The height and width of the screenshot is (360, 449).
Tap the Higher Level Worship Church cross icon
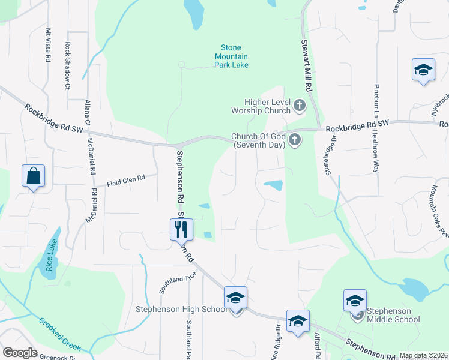click(300, 107)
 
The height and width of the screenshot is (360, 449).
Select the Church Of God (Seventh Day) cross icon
click(294, 140)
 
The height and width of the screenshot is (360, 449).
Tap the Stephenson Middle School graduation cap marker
click(355, 299)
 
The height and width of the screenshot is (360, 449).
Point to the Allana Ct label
click(88, 113)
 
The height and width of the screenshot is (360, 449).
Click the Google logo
click(19, 353)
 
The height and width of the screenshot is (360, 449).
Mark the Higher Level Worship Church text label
click(267, 107)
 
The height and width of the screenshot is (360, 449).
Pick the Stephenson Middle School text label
click(393, 315)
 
